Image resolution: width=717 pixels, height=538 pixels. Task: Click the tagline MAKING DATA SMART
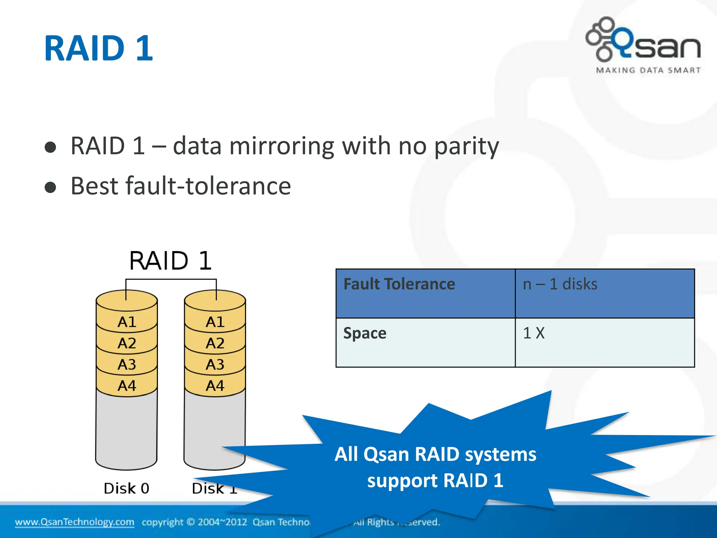(x=648, y=70)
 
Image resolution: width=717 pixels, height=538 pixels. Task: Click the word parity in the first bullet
(x=466, y=146)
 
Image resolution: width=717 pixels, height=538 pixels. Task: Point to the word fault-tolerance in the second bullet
(x=208, y=186)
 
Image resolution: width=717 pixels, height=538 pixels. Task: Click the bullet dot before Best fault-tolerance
(x=50, y=187)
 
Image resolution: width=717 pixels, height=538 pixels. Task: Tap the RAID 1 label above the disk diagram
(x=170, y=261)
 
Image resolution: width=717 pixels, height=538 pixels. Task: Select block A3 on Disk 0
(x=127, y=365)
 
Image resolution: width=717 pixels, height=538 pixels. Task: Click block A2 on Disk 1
(x=215, y=343)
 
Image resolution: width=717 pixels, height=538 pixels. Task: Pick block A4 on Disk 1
(x=215, y=386)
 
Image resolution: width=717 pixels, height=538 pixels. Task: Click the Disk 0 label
(x=127, y=488)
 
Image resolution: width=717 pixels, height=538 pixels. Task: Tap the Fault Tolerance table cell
(x=399, y=284)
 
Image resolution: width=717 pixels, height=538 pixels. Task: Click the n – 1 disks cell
(x=560, y=284)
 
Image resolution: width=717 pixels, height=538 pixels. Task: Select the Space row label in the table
(x=365, y=333)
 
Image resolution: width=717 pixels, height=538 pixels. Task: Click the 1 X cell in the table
(x=534, y=333)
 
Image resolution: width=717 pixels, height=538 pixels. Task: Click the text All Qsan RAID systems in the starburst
(x=435, y=455)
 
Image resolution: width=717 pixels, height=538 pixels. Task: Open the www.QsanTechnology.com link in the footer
(x=74, y=522)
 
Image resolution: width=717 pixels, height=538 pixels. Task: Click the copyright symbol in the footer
(x=190, y=522)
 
